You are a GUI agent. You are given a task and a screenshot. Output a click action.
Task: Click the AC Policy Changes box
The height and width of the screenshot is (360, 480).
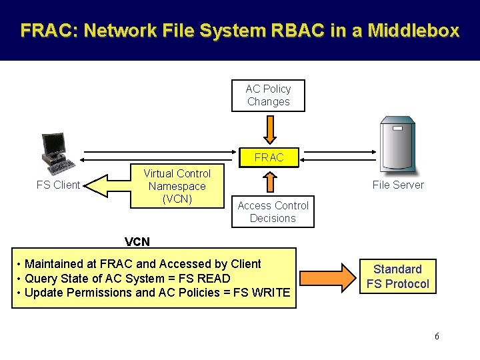pos(268,95)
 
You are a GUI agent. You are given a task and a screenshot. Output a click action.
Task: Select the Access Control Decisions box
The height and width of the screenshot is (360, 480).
pos(273,212)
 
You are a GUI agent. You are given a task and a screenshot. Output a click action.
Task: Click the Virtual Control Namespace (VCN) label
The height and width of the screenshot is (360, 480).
pos(177,186)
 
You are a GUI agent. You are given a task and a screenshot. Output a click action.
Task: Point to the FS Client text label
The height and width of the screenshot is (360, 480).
pos(58,185)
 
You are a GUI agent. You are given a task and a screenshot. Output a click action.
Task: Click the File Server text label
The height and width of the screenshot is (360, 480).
pos(398,185)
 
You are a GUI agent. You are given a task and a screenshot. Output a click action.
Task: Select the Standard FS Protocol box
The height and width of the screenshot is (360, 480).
pos(397,277)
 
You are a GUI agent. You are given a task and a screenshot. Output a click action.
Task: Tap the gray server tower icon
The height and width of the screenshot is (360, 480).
pos(397,146)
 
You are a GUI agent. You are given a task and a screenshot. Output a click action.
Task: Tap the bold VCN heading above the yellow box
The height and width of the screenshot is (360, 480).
pos(137,241)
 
